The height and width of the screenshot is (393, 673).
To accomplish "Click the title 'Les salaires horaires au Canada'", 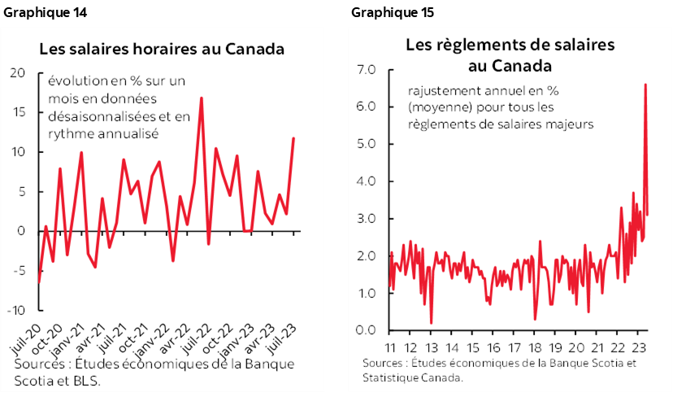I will click(x=162, y=49).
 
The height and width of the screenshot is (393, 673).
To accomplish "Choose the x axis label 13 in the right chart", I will click(x=430, y=345).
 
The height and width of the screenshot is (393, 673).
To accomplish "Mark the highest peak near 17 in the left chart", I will click(x=201, y=98).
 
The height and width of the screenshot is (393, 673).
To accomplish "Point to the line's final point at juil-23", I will click(x=293, y=138).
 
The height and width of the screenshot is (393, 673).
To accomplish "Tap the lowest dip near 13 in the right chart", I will click(x=431, y=323).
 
